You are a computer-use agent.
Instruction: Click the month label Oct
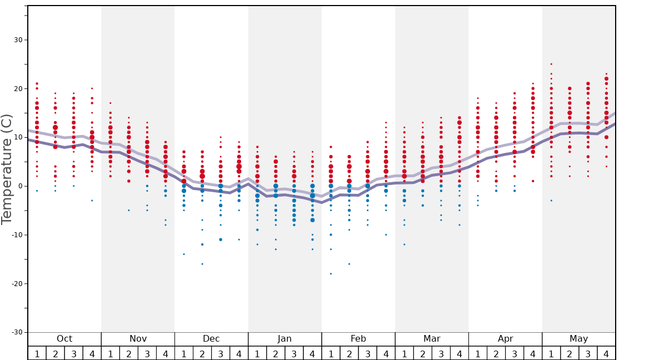(x=64, y=339)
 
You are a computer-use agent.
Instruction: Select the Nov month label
(x=138, y=339)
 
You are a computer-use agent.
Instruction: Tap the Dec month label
(x=211, y=339)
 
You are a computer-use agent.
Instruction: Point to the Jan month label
(x=284, y=339)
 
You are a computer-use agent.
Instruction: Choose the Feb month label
(x=358, y=339)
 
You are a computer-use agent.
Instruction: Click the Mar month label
(x=432, y=339)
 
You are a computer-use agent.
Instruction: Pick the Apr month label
(x=505, y=339)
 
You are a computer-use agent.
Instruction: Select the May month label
(x=578, y=339)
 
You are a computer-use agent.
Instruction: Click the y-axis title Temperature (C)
(x=7, y=169)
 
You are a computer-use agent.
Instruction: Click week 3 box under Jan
(x=294, y=353)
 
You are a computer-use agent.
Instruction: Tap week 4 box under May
(x=606, y=353)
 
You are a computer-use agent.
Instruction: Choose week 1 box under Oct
(x=37, y=353)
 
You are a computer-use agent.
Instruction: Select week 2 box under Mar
(x=423, y=353)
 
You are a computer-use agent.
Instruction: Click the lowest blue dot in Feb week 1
(x=331, y=274)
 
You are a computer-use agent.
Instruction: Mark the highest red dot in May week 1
(x=551, y=64)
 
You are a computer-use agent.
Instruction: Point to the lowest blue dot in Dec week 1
(x=184, y=254)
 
